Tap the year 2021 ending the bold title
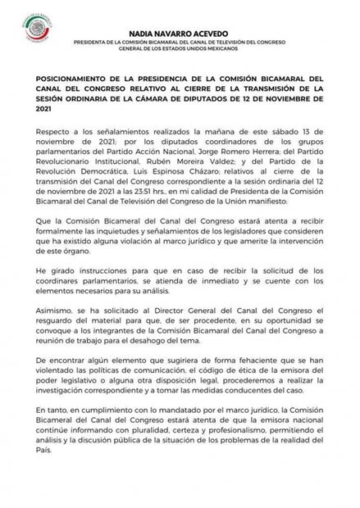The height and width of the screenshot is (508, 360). coord(43,114)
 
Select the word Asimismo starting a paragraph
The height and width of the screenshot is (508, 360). coord(53,313)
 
